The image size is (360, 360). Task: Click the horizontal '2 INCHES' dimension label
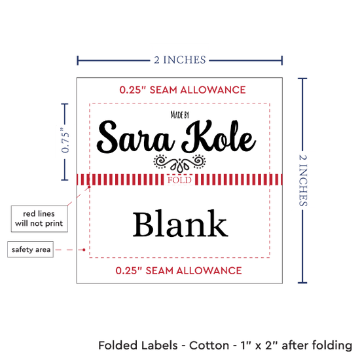pos(180,60)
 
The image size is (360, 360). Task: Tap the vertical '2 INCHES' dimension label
pos(303,180)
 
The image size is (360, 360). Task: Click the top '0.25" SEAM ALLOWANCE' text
pos(183,90)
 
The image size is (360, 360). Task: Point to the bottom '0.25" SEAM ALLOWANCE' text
pos(179,271)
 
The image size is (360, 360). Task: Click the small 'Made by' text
pos(180,115)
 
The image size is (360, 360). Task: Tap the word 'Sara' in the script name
pos(136,137)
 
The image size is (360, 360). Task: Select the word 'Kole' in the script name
pos(219,137)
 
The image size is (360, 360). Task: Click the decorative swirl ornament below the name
pos(179,163)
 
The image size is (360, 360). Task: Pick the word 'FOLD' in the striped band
pos(179,180)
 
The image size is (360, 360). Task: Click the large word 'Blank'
pos(181,223)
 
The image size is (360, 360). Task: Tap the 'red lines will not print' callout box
pos(39,219)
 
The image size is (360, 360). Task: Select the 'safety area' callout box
pos(31,249)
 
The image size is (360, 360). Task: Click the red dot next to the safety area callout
pos(84,250)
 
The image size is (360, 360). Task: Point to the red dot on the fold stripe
pos(89,187)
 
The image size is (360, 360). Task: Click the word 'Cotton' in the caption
pos(209,346)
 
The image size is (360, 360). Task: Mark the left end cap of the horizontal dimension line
pos(78,60)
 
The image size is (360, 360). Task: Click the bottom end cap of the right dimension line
pos(302,282)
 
